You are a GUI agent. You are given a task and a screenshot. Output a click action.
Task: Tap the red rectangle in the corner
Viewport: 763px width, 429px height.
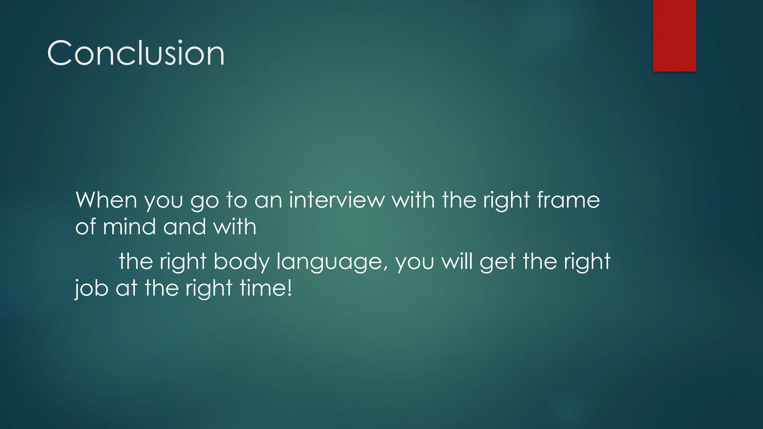(x=674, y=35)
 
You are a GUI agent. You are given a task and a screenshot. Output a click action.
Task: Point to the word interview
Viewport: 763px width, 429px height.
(x=337, y=200)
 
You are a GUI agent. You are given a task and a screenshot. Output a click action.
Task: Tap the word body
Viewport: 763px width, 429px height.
(x=241, y=261)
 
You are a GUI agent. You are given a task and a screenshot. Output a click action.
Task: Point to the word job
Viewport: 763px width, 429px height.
(x=92, y=289)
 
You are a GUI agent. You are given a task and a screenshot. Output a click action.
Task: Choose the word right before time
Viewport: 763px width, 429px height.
(x=209, y=289)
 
